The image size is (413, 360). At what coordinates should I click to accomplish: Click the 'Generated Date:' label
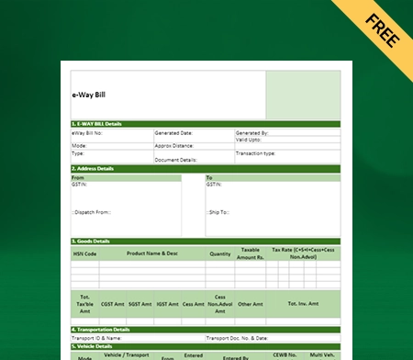click(173, 133)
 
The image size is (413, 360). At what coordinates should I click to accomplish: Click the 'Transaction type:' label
click(257, 152)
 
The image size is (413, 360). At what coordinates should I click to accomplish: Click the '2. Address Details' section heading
click(94, 169)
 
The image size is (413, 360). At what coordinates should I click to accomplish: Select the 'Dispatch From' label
click(92, 211)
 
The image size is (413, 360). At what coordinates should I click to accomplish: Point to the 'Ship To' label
click(218, 211)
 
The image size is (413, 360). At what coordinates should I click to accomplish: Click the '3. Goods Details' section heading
click(91, 241)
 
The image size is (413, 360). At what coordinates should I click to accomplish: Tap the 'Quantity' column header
click(220, 253)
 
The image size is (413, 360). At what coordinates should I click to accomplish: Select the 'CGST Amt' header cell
click(114, 303)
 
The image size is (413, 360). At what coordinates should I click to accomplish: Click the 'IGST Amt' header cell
click(168, 303)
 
